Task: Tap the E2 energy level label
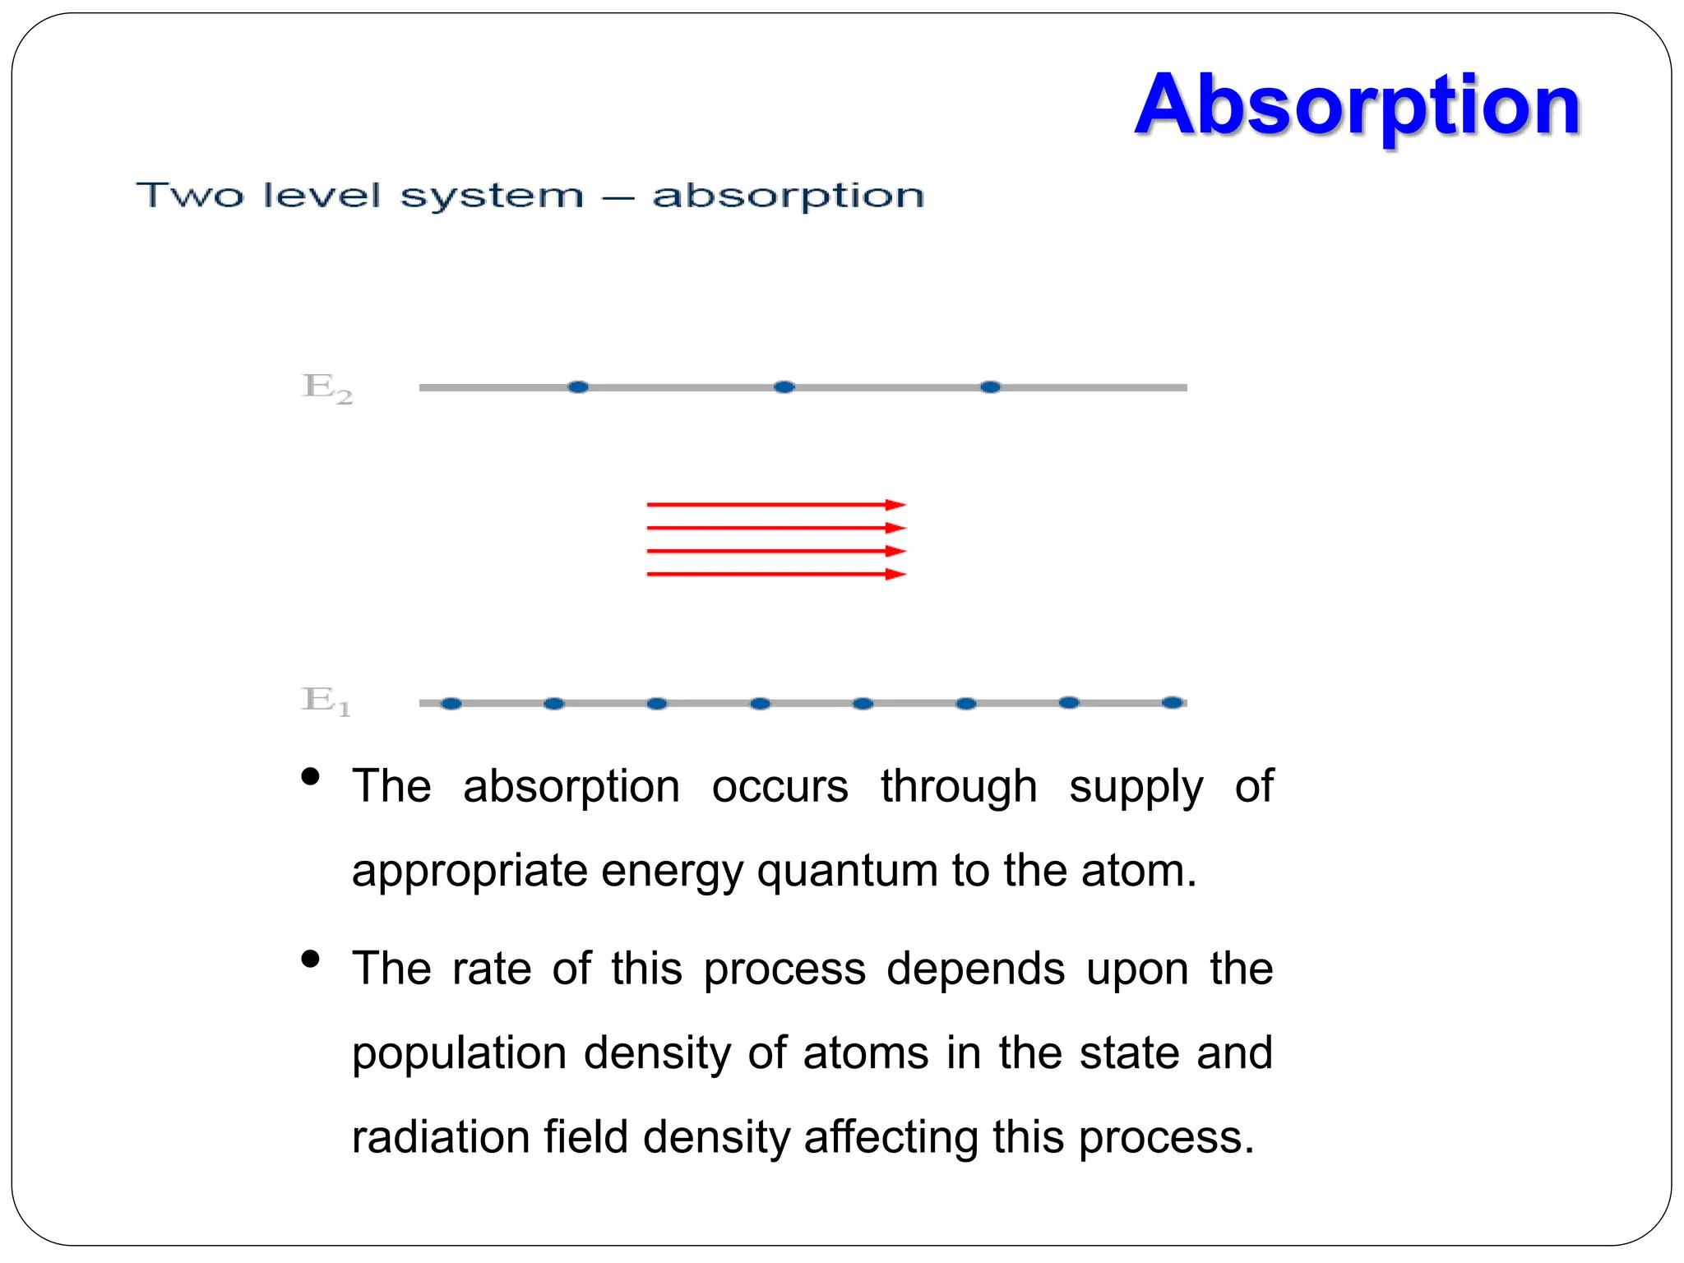click(x=327, y=386)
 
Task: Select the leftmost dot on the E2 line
click(x=578, y=386)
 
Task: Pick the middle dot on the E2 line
click(x=784, y=386)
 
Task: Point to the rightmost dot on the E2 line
click(x=991, y=386)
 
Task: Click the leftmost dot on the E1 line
click(x=451, y=703)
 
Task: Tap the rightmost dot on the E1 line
click(x=1173, y=702)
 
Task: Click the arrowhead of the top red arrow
click(x=896, y=505)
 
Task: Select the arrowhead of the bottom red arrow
click(x=896, y=574)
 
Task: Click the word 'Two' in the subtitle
click(x=190, y=196)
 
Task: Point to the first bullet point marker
click(x=310, y=776)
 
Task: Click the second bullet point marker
click(x=310, y=959)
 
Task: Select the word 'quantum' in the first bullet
click(x=847, y=872)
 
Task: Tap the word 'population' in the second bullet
click(x=459, y=1054)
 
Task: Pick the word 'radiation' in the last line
click(x=440, y=1138)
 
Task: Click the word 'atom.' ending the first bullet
click(x=1139, y=870)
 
